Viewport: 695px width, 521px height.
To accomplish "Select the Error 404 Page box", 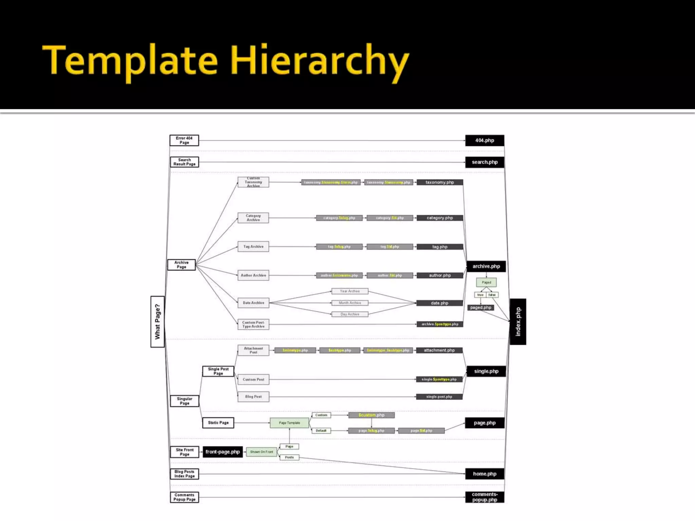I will tap(184, 140).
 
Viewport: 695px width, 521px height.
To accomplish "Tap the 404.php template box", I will tap(485, 140).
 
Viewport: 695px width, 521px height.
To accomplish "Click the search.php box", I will tap(485, 162).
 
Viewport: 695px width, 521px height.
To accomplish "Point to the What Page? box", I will tap(157, 322).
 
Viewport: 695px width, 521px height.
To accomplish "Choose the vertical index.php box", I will tap(518, 322).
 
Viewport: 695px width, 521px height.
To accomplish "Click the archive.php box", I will tap(486, 266).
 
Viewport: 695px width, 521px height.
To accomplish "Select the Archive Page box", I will tap(182, 265).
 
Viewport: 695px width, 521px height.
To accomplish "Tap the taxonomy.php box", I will tap(439, 182).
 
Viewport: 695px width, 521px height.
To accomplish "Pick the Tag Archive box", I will tap(253, 247).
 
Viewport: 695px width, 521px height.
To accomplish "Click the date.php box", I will tap(439, 303).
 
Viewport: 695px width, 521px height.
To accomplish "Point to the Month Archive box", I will tap(350, 303).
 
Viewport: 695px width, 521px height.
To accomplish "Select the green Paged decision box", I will tap(486, 282).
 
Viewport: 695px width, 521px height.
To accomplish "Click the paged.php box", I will tap(481, 308).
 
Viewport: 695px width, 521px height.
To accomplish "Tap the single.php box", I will tap(486, 371).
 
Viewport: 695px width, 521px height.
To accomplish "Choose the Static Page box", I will tap(218, 423).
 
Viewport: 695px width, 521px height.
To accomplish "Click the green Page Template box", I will tap(289, 423).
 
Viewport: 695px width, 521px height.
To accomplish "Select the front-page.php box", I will tap(223, 452).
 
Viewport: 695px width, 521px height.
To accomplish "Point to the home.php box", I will tap(485, 474).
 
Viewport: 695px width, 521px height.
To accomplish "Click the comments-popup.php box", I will tap(485, 497).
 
